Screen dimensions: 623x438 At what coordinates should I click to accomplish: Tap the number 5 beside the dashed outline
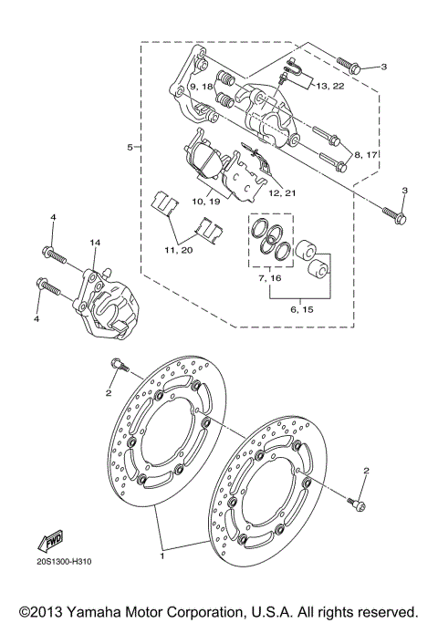pos(130,146)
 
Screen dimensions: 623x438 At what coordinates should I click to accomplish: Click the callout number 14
pos(94,243)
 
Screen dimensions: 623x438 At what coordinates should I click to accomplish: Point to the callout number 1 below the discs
pos(162,554)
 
